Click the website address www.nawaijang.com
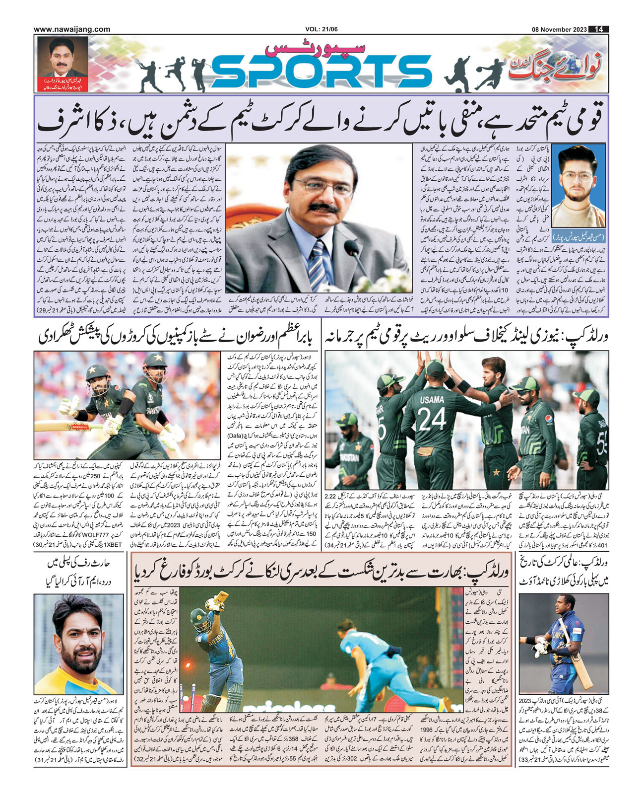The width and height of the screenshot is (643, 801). tap(72, 29)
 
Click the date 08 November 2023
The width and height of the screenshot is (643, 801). tap(557, 29)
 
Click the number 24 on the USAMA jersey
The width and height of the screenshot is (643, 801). tap(432, 420)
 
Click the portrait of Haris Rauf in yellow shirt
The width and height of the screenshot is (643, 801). tap(80, 644)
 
